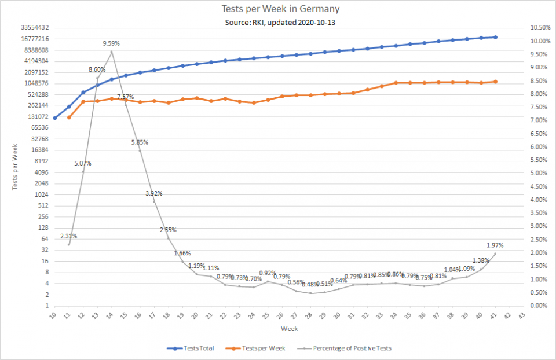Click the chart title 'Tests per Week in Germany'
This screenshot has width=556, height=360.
[281, 9]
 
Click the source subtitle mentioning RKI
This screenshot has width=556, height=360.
[281, 22]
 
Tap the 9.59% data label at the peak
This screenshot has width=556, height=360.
[112, 43]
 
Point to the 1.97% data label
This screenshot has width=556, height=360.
[495, 245]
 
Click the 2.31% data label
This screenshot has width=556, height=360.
[68, 236]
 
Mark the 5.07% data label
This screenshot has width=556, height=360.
[83, 164]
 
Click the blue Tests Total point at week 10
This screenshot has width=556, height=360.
[54, 118]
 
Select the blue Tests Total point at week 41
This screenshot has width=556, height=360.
[495, 37]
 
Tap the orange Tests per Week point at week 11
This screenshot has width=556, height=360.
[69, 117]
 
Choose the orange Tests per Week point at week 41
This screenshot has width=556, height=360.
[495, 82]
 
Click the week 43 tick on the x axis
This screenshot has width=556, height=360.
[524, 316]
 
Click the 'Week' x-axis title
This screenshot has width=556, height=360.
[289, 329]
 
